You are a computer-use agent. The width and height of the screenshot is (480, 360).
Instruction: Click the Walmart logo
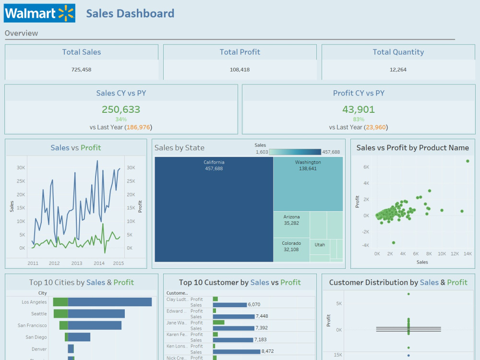click(39, 13)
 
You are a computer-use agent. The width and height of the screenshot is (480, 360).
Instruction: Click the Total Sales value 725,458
click(81, 70)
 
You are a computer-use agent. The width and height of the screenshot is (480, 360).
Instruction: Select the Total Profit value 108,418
click(240, 70)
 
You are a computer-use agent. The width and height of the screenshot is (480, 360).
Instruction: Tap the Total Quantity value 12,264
click(398, 70)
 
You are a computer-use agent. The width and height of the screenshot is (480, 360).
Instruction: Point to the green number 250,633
click(121, 109)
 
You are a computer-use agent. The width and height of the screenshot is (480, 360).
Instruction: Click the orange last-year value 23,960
click(376, 127)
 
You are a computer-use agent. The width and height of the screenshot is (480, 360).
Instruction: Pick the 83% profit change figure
click(359, 119)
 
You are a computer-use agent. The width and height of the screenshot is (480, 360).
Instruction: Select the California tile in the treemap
click(214, 211)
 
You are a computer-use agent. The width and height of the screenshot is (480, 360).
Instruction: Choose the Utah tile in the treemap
click(320, 245)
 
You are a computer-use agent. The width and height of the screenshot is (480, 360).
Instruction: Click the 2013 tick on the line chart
click(77, 263)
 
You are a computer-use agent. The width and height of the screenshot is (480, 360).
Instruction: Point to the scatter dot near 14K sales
click(468, 161)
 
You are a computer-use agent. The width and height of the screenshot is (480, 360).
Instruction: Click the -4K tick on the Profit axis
click(365, 245)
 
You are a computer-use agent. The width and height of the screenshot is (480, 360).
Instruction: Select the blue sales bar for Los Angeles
click(109, 302)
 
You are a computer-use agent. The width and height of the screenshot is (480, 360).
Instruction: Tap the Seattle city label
click(39, 314)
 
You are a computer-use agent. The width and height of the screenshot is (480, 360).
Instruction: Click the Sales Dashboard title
click(130, 13)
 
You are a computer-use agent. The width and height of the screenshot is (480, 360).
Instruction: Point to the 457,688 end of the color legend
click(331, 152)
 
